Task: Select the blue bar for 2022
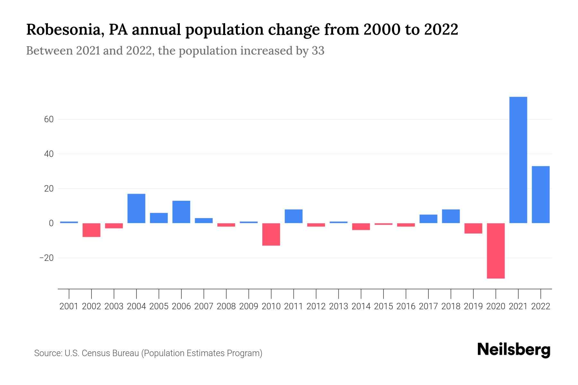coord(541,194)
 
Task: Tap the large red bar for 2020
coord(496,251)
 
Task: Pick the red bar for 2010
coord(271,234)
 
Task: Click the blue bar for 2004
coord(136,208)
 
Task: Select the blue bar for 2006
coord(181,212)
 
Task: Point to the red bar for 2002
coord(92,230)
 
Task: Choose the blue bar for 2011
coord(293,216)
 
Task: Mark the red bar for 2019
coord(473,228)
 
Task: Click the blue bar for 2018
coord(451,216)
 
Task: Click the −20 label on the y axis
coord(46,258)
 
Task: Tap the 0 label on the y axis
coord(51,223)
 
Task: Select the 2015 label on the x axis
coord(383,306)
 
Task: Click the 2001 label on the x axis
coord(69,306)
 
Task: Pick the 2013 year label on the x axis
coord(338,306)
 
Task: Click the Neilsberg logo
coord(514,350)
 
